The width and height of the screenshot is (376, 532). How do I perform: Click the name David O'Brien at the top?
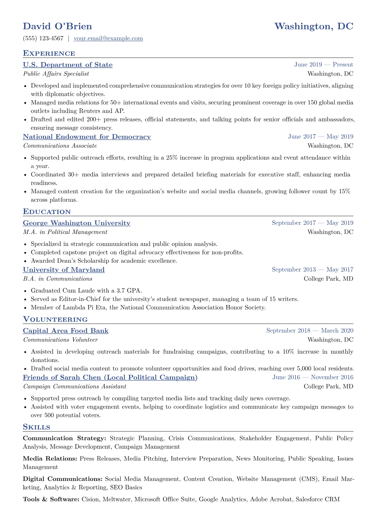[58, 26]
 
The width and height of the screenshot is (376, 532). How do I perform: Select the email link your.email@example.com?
[108, 39]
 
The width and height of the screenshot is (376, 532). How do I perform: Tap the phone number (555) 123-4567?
[43, 39]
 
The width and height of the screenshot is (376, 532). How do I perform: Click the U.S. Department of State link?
[68, 65]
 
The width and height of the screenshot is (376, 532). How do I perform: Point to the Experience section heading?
[49, 53]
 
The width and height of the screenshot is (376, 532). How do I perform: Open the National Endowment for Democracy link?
[87, 137]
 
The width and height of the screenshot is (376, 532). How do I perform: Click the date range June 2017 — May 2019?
[320, 137]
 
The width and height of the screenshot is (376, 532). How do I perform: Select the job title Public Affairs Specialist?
[56, 74]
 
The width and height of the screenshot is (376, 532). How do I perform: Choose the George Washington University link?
[76, 223]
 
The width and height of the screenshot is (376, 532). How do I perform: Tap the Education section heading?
[47, 212]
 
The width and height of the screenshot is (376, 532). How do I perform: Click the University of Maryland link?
[64, 270]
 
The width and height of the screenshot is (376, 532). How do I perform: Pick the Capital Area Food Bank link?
[66, 331]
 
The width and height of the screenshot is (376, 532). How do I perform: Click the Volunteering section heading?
[55, 319]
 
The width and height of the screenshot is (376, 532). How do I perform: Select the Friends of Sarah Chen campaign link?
[110, 378]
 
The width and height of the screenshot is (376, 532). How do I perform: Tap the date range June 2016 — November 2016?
[313, 377]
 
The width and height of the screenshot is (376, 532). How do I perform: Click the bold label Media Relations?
[50, 459]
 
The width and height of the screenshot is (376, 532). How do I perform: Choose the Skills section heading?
[36, 427]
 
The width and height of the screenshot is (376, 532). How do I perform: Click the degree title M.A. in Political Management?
[65, 232]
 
